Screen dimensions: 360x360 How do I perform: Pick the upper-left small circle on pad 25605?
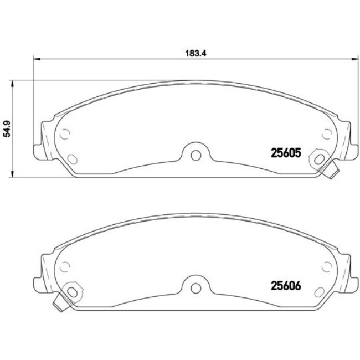click(x=64, y=134)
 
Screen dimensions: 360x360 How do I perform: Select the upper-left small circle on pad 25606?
click(x=64, y=267)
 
